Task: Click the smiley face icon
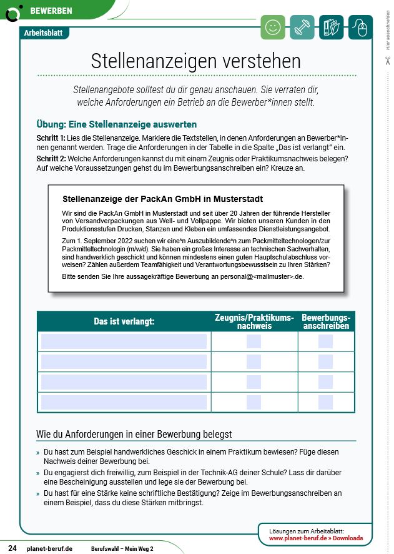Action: [x=272, y=28]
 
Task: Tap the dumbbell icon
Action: [x=302, y=28]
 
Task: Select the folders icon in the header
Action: [x=332, y=28]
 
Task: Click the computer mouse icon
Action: [x=360, y=28]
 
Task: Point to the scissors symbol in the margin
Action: [x=387, y=61]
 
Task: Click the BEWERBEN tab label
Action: [x=51, y=11]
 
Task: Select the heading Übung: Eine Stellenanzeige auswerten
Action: [x=117, y=124]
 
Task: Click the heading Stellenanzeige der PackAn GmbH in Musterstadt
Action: [x=163, y=199]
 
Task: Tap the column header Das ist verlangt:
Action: [x=124, y=321]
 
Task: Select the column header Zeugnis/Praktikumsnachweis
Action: [x=254, y=321]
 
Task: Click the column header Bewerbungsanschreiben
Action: [x=326, y=321]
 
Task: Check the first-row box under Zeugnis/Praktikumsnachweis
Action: [x=254, y=341]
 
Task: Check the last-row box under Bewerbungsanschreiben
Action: [x=326, y=402]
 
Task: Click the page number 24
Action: [x=12, y=548]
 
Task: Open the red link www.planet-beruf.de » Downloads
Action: [x=315, y=538]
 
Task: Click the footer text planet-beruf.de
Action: [x=50, y=548]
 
